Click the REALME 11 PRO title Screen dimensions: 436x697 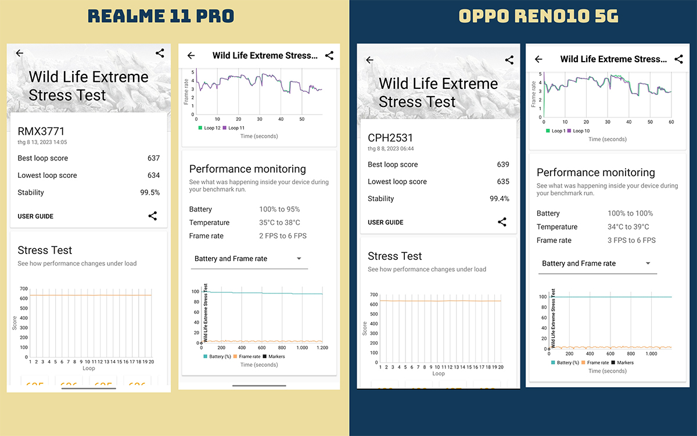[161, 16]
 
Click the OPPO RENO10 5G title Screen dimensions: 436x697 [538, 16]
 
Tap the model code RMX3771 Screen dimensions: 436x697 [41, 131]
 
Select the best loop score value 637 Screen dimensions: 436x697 [153, 158]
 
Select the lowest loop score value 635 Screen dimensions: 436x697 [503, 181]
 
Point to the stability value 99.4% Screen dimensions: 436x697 [500, 199]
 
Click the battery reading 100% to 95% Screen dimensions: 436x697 [279, 209]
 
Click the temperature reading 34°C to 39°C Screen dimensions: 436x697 [628, 227]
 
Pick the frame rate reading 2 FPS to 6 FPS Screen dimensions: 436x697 [283, 236]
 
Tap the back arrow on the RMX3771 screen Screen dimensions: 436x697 [19, 53]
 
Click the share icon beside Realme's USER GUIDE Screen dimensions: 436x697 [153, 216]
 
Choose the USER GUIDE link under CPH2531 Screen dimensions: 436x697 [386, 223]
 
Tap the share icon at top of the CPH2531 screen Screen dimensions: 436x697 [509, 60]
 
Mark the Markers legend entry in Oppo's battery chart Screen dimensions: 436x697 [623, 363]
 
